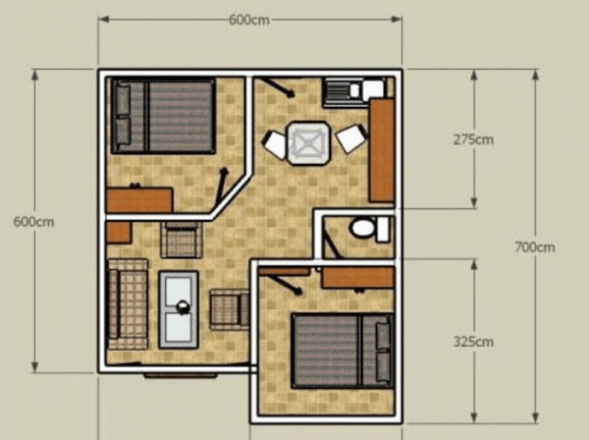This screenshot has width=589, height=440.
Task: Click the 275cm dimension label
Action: (x=473, y=140)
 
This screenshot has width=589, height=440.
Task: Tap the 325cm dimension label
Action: (x=473, y=342)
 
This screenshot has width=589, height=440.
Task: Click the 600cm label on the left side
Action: (x=34, y=222)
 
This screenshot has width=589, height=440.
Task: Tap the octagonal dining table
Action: (x=308, y=142)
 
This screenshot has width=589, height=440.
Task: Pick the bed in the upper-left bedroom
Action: (x=164, y=116)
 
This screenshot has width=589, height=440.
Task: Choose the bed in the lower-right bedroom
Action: (x=342, y=350)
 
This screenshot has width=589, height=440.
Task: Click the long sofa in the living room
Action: (x=127, y=304)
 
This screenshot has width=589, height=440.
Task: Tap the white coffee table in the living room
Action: (x=179, y=309)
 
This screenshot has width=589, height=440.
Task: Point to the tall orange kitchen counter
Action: (x=381, y=150)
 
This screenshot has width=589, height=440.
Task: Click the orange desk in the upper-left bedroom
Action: (x=139, y=200)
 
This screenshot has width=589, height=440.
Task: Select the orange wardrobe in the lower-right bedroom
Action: (x=358, y=277)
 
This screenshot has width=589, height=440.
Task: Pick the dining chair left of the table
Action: (x=275, y=144)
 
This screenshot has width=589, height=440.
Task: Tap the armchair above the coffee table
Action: (x=181, y=240)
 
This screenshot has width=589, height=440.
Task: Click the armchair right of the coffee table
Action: (x=229, y=308)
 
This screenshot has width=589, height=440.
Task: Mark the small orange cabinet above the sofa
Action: (x=119, y=232)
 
